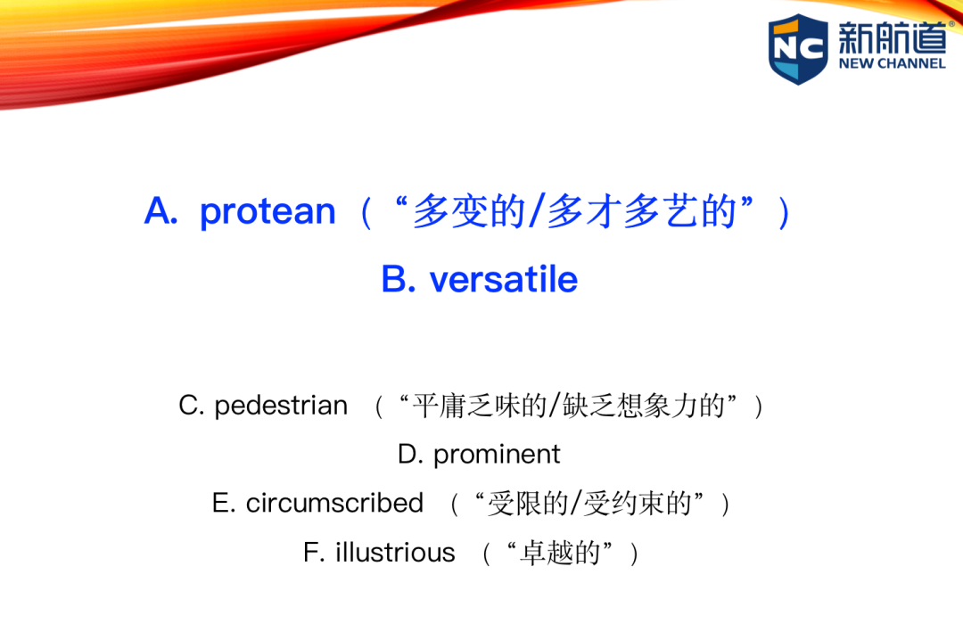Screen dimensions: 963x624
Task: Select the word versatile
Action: (x=504, y=280)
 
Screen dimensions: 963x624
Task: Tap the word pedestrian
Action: (x=281, y=406)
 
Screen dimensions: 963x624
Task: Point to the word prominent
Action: (x=497, y=456)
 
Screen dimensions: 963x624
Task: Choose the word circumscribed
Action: (x=334, y=503)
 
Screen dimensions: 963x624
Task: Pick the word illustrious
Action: (x=395, y=552)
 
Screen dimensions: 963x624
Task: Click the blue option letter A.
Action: (x=160, y=212)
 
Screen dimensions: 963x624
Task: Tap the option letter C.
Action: (x=191, y=406)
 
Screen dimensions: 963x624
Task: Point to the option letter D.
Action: (x=409, y=455)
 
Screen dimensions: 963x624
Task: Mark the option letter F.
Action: (x=313, y=552)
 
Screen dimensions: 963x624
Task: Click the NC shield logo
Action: (x=798, y=49)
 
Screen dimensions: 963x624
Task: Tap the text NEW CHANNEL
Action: (x=892, y=63)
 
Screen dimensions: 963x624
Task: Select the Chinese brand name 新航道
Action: (x=893, y=37)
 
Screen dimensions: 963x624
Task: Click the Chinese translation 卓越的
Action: (x=559, y=553)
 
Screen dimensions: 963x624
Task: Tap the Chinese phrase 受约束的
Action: (x=638, y=504)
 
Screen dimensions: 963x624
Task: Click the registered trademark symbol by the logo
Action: (x=951, y=24)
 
